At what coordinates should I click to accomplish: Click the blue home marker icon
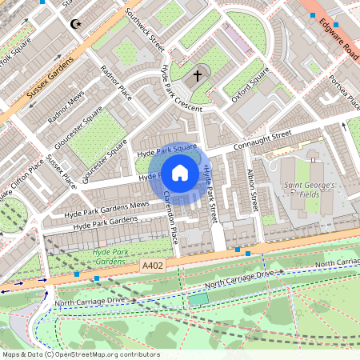click(x=180, y=172)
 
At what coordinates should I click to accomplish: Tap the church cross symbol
click(x=198, y=77)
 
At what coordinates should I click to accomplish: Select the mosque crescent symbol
click(x=76, y=25)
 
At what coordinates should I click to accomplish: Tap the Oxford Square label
click(x=250, y=87)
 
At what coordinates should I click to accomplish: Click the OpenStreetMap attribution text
click(x=80, y=354)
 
